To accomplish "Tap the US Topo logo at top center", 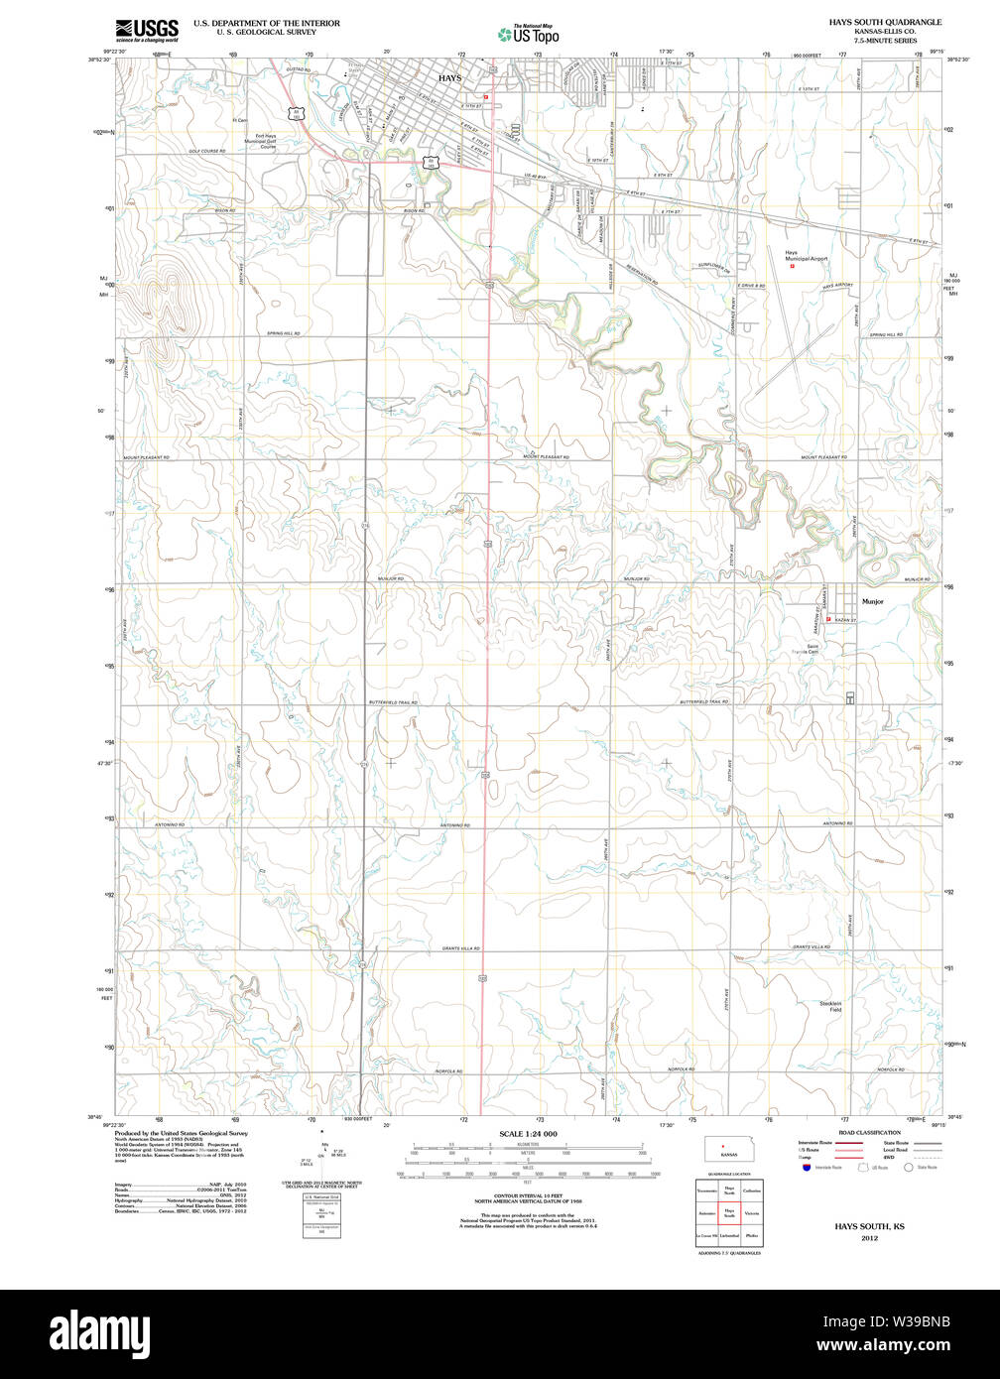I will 528,34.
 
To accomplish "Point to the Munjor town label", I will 872,601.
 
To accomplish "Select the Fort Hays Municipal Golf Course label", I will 265,141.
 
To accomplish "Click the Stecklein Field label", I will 829,1006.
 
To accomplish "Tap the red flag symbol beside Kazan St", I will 828,620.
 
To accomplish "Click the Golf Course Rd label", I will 207,151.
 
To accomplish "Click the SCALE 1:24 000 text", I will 528,1134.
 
